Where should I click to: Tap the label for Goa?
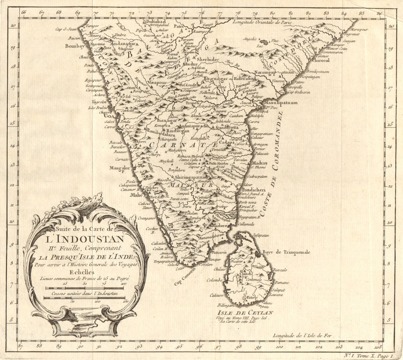[x=108, y=115]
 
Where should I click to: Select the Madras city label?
[x=259, y=163]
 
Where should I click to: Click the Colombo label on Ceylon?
[x=214, y=280]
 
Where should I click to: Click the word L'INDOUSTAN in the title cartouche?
[x=85, y=240]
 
